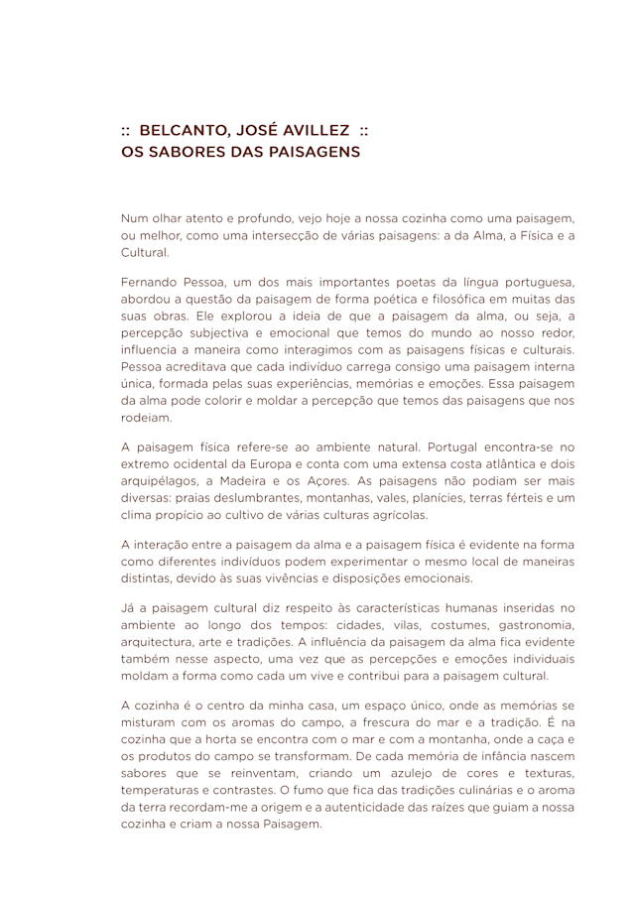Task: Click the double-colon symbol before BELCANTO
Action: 127,130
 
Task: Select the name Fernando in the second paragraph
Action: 153,281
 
